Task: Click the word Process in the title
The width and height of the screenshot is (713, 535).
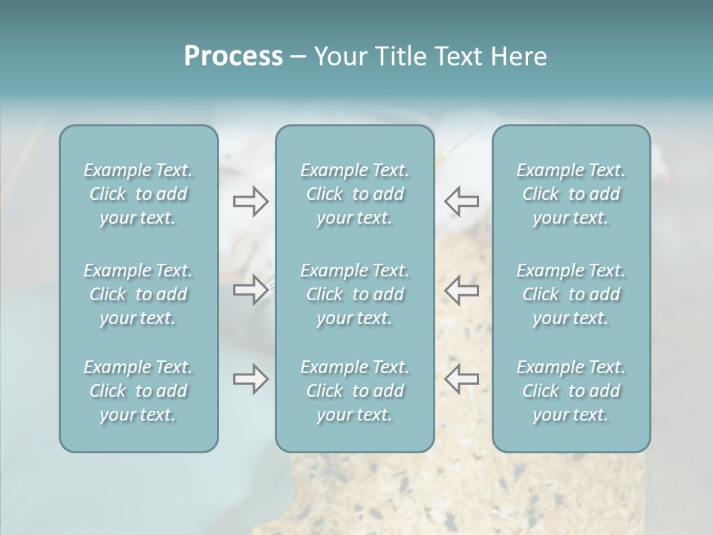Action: pyautogui.click(x=233, y=56)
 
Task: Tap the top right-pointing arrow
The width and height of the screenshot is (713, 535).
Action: pyautogui.click(x=250, y=201)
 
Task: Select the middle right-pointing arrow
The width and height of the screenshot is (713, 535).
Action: pyautogui.click(x=250, y=290)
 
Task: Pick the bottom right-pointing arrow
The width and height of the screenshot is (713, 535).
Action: pyautogui.click(x=250, y=379)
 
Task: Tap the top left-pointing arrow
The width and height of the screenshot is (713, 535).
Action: pyautogui.click(x=461, y=201)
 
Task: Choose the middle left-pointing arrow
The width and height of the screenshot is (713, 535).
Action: pyautogui.click(x=461, y=290)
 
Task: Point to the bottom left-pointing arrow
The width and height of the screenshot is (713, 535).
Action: pyautogui.click(x=461, y=379)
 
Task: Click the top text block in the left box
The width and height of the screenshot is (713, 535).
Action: pyautogui.click(x=138, y=194)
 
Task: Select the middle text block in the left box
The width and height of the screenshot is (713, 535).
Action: pyautogui.click(x=138, y=294)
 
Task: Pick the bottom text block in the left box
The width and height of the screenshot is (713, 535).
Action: pyautogui.click(x=138, y=391)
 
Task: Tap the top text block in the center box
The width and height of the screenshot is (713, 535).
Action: pyautogui.click(x=354, y=194)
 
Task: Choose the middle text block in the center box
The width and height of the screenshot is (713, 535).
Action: pyautogui.click(x=354, y=294)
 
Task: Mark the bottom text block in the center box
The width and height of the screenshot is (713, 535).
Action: pyautogui.click(x=354, y=391)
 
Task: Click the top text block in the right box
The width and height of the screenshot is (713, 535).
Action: pyautogui.click(x=570, y=194)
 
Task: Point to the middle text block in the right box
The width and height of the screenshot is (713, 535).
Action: pyautogui.click(x=570, y=294)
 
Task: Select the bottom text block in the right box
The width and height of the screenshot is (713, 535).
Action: pyautogui.click(x=570, y=391)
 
